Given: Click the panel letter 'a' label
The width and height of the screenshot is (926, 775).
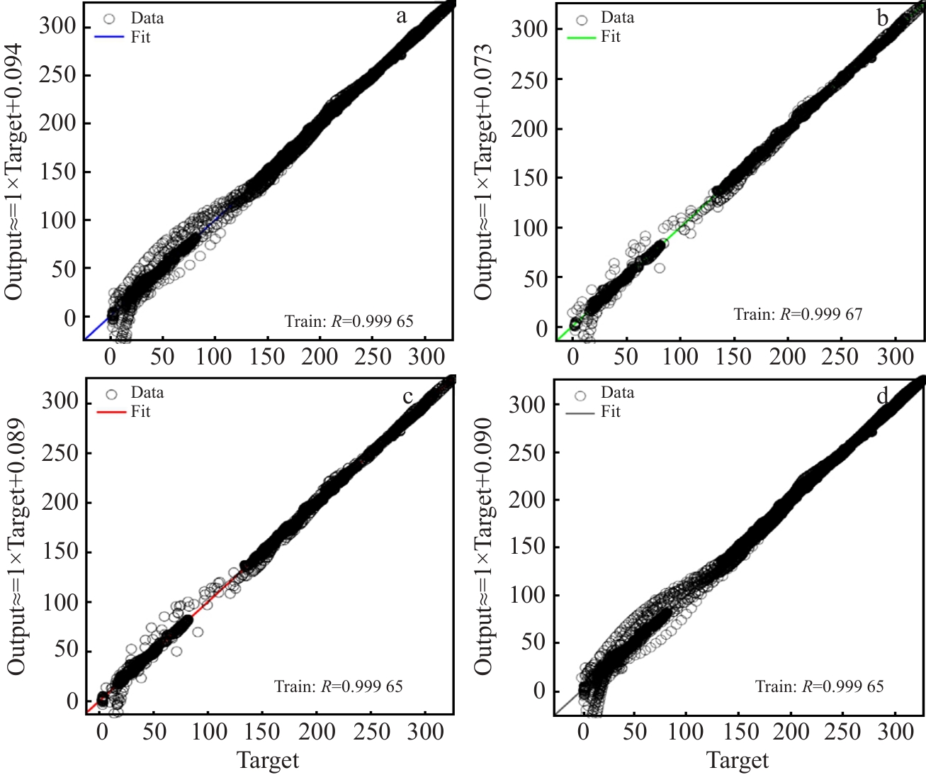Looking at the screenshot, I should (402, 17).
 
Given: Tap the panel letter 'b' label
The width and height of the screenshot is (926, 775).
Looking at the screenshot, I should (882, 18).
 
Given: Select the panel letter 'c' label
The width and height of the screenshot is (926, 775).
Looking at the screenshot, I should (407, 397).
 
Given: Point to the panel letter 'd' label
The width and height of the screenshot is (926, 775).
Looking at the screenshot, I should (882, 396).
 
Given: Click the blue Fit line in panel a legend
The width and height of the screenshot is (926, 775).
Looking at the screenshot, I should (109, 38).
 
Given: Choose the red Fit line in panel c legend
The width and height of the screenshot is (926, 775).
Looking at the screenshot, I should (111, 412).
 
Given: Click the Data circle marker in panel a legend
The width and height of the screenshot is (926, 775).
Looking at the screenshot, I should (109, 18).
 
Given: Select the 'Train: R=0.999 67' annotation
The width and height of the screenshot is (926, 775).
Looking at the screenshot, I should (798, 314).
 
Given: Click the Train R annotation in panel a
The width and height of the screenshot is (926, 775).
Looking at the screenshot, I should (349, 321).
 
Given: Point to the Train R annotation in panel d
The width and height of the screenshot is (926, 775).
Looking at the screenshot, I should (819, 686).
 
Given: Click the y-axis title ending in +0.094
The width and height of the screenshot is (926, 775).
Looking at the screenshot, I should (15, 172).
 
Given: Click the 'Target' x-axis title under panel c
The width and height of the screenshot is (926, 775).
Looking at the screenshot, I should (268, 761).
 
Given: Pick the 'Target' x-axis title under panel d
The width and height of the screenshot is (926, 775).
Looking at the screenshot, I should (738, 761).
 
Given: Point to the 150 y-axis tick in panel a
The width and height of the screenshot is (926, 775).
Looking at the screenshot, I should (59, 172).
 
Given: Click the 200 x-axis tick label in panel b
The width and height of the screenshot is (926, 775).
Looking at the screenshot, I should (787, 356).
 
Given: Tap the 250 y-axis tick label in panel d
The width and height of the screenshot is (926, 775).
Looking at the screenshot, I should (528, 452).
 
